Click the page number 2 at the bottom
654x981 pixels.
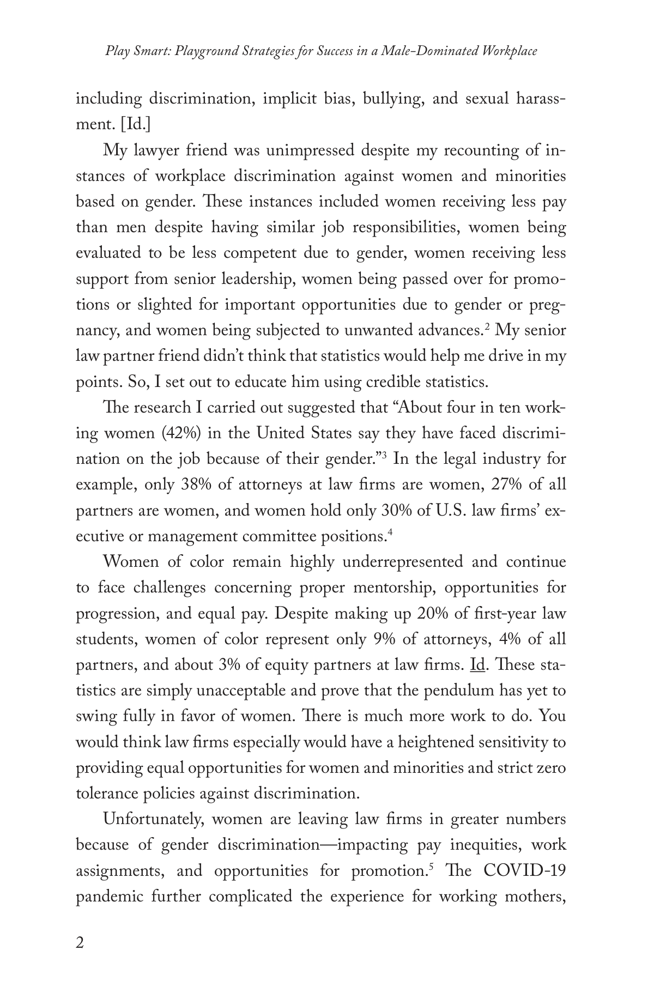point(80,943)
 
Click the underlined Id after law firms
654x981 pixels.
point(477,665)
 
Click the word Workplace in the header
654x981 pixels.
point(510,51)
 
